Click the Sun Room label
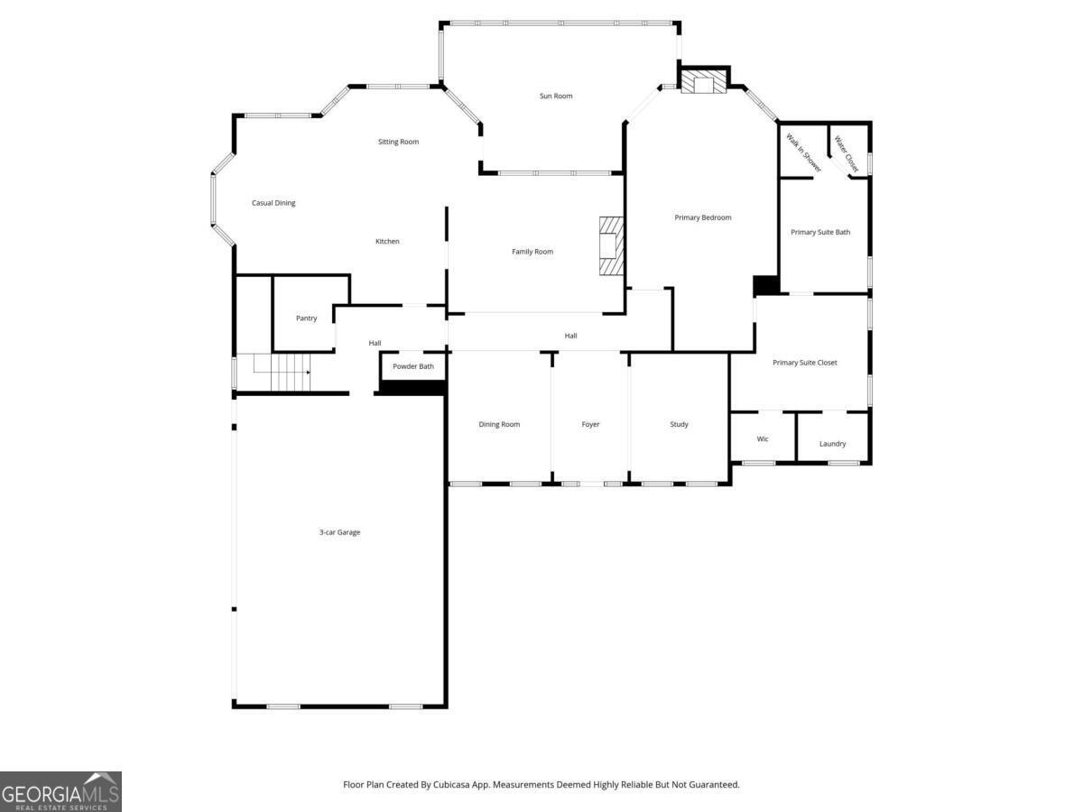[x=556, y=96]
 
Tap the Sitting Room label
[x=398, y=142]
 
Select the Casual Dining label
[x=273, y=203]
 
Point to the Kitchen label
[x=387, y=241]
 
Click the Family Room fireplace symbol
[x=613, y=245]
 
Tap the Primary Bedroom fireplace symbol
[x=703, y=83]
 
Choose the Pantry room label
[x=307, y=318]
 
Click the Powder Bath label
[x=413, y=366]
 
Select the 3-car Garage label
[x=339, y=532]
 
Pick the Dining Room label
[x=499, y=424]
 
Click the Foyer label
[x=590, y=424]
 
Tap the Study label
[x=679, y=424]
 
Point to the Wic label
[x=763, y=438]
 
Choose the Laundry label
[x=832, y=443]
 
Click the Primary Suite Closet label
[x=805, y=363]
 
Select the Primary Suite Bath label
[x=820, y=232]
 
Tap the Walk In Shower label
[x=802, y=152]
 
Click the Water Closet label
[x=847, y=153]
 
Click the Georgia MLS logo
[x=60, y=791]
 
